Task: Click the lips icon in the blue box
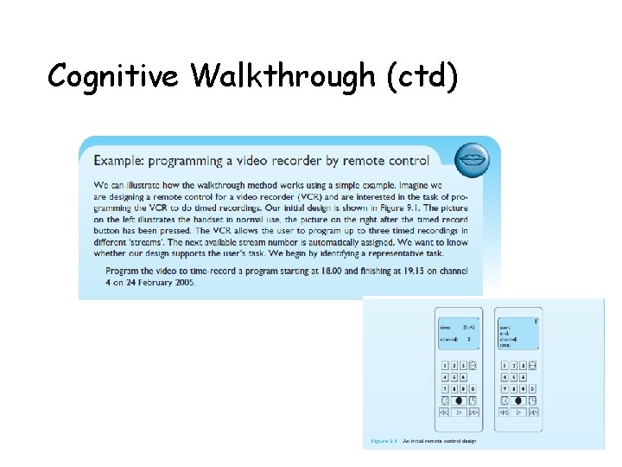(472, 160)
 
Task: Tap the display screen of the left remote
(457, 334)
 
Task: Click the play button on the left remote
(459, 413)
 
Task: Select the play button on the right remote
(518, 413)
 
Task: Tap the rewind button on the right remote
(505, 413)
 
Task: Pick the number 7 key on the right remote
(505, 389)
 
